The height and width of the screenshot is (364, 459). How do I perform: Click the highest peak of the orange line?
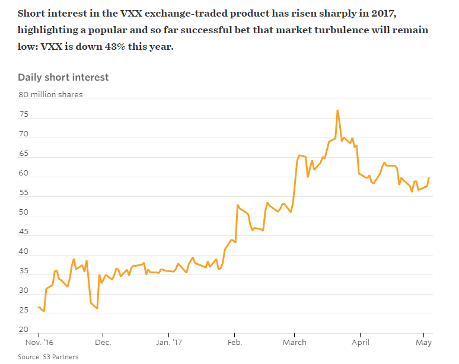point(337,110)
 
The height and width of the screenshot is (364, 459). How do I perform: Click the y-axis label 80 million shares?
point(50,95)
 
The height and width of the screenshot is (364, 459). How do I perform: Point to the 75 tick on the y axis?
point(23,114)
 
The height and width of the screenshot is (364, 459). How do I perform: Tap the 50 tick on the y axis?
point(23,212)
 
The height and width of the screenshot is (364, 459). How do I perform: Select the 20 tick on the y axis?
point(23,330)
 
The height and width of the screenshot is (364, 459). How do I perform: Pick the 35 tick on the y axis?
point(23,271)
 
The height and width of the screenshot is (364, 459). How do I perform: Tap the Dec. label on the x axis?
point(103,342)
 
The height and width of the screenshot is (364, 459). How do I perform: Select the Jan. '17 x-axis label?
point(170,342)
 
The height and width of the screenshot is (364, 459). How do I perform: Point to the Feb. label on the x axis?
point(235,342)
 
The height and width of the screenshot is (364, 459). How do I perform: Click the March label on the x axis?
point(295,342)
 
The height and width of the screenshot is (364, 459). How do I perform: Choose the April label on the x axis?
point(361,342)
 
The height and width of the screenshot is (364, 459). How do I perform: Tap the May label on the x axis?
point(423,342)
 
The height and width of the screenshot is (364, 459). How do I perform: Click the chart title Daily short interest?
point(63,77)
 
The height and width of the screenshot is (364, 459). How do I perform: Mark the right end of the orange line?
point(429,178)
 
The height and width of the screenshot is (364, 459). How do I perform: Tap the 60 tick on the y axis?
point(23,173)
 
